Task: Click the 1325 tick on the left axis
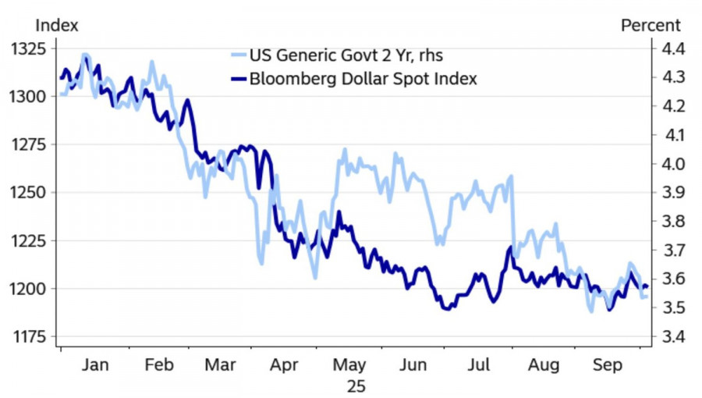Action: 30,48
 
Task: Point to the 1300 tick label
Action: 30,97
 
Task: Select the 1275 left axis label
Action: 30,144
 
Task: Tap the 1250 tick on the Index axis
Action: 30,193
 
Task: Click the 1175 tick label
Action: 30,337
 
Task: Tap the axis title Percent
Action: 651,25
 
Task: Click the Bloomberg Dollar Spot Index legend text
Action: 363,79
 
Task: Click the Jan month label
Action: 94,364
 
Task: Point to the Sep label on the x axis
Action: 608,364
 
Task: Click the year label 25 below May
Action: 350,386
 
